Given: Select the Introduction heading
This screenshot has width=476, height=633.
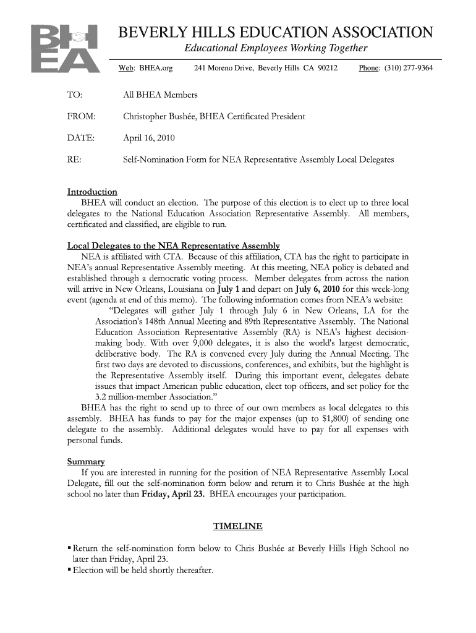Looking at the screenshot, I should point(91,192).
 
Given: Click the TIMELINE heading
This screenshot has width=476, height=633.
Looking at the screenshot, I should point(237,526).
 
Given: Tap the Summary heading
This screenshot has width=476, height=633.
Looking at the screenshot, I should point(86,462).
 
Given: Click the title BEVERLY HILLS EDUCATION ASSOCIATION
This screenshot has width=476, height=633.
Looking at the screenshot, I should point(275,33).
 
